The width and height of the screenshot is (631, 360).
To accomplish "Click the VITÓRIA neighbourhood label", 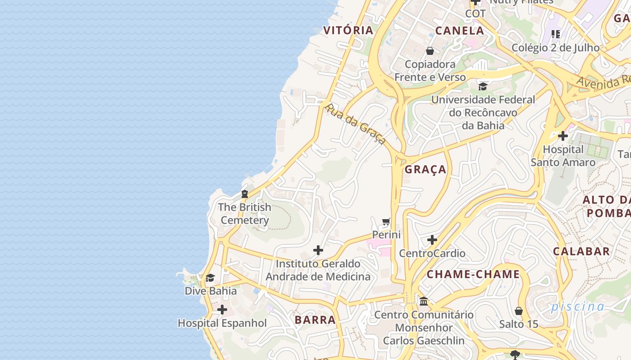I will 348,30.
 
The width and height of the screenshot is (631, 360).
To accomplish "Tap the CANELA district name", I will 460,31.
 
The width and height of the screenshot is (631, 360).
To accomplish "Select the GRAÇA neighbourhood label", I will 425,169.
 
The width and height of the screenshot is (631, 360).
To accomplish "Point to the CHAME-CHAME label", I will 473,274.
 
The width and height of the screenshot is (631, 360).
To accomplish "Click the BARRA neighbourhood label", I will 315,319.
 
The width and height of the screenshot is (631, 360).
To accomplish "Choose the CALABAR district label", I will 581,251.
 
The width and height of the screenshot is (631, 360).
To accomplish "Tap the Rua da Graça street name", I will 356,123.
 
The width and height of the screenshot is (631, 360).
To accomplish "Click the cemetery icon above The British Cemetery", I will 245,194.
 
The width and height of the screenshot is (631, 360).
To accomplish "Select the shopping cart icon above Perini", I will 386,221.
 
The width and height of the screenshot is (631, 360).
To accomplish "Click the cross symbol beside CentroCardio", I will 432,240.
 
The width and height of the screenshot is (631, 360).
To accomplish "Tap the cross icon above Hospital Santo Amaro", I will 562,135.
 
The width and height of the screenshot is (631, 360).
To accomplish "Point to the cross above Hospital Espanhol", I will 222,310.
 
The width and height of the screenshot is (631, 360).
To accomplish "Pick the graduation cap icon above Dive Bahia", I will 210,278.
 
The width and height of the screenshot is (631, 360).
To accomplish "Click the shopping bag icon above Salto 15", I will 519,311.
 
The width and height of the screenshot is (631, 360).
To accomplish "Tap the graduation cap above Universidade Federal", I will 483,86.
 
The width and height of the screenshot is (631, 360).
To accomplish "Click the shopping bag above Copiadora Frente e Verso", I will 430,51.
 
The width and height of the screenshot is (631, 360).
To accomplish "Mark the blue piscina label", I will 577,306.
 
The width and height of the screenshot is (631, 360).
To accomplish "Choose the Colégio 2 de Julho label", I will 555,47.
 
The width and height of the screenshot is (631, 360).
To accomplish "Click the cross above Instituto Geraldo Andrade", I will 318,250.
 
